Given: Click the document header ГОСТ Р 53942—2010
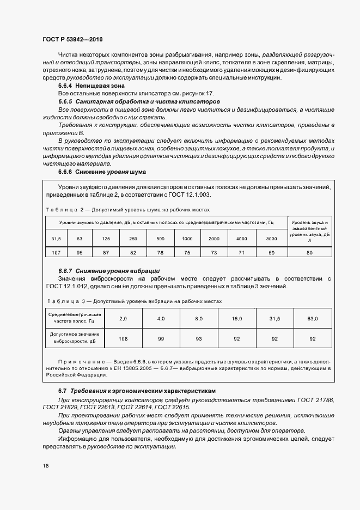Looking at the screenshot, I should [x=72, y=40].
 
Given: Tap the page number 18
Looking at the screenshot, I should [x=45, y=466].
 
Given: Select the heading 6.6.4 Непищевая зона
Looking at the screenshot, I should [x=91, y=86].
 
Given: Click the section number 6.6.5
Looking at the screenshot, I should [x=65, y=102].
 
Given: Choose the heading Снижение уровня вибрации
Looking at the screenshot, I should [x=118, y=271].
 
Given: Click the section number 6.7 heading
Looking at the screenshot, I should [x=62, y=391].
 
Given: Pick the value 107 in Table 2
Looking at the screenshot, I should [x=56, y=252].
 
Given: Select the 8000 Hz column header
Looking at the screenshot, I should [x=271, y=239].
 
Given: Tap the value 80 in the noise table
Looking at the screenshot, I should [x=310, y=252].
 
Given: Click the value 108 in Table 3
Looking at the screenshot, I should [x=123, y=339].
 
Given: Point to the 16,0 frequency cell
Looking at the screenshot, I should [x=237, y=318].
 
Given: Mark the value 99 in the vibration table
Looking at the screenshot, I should [x=161, y=339].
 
